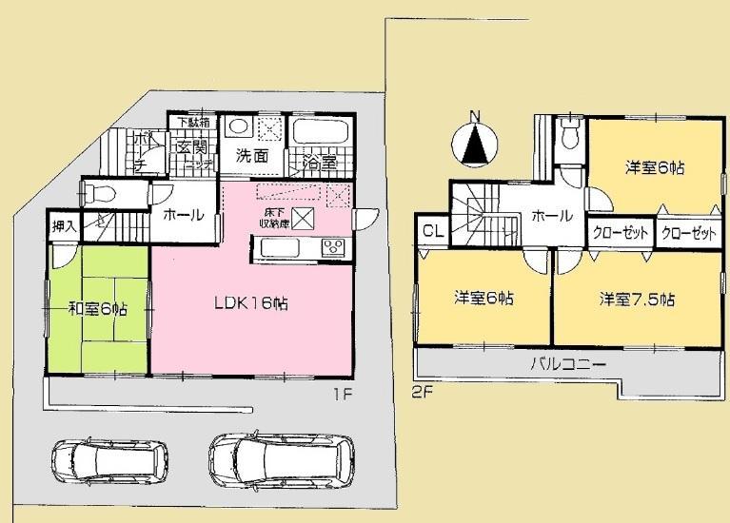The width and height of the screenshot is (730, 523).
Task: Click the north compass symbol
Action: [x=477, y=144]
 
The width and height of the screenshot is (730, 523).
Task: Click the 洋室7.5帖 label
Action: [x=637, y=300]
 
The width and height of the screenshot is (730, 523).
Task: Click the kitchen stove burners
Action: [x=333, y=249]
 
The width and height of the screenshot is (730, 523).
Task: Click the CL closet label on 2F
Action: [x=430, y=230]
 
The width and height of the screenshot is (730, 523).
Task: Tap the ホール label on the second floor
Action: [x=551, y=216]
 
